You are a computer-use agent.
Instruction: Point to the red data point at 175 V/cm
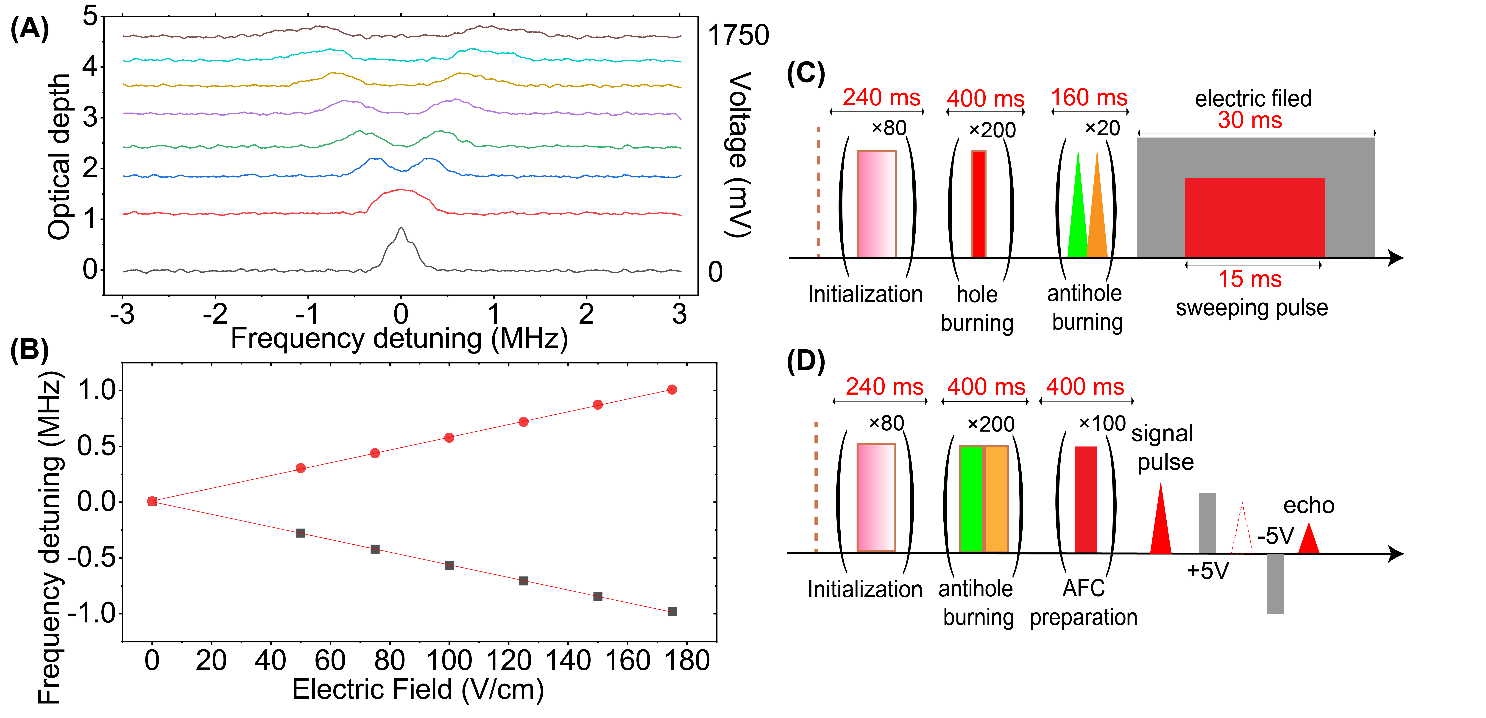[x=672, y=390]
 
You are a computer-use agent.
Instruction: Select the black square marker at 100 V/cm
[x=449, y=566]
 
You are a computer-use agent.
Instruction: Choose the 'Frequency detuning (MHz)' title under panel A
[x=399, y=339]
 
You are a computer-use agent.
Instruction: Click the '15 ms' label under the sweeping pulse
[x=1249, y=279]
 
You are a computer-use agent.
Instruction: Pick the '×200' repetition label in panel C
[x=992, y=130]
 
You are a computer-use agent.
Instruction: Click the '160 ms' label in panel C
[x=1089, y=98]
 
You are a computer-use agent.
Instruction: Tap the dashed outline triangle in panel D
[x=1242, y=531]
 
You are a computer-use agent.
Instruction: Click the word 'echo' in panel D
[x=1308, y=506]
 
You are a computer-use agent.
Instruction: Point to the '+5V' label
[x=1207, y=571]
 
